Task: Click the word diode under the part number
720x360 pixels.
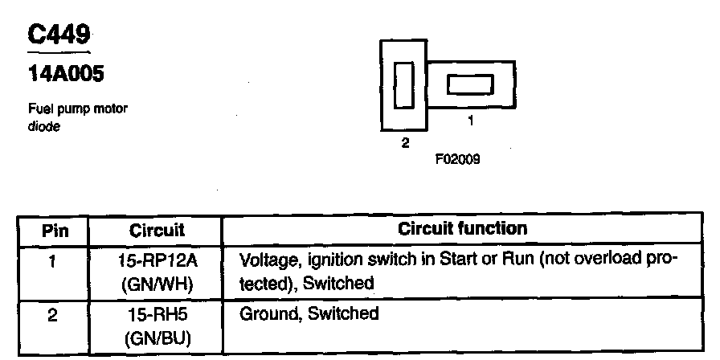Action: click(41, 125)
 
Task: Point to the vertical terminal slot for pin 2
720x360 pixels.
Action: click(404, 85)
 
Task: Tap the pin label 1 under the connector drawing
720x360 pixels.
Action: click(470, 123)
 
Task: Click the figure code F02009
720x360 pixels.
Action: click(459, 159)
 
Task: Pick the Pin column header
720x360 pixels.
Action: click(55, 231)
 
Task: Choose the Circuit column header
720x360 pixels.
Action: click(157, 231)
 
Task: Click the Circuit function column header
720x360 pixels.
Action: click(463, 229)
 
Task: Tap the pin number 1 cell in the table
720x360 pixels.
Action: click(53, 261)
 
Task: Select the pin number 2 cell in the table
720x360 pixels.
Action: click(53, 314)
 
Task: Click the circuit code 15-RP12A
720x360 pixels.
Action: click(156, 260)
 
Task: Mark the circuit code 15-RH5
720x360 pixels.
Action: click(156, 314)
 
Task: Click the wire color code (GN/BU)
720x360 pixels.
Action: click(156, 336)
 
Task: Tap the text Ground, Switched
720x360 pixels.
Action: click(309, 313)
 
